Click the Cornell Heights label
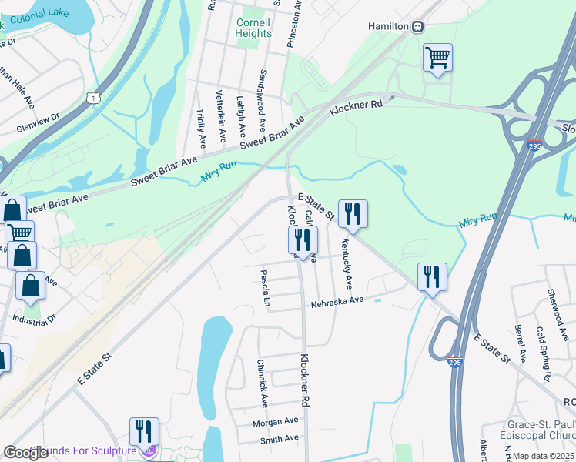(x=253, y=28)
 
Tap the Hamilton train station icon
(x=417, y=26)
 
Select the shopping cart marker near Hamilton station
(x=437, y=57)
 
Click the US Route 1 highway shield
(x=93, y=98)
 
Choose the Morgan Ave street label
(x=276, y=421)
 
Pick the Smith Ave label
(x=279, y=438)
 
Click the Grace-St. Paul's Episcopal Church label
(x=537, y=430)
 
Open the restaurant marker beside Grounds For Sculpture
(x=144, y=432)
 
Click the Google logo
(x=26, y=453)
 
